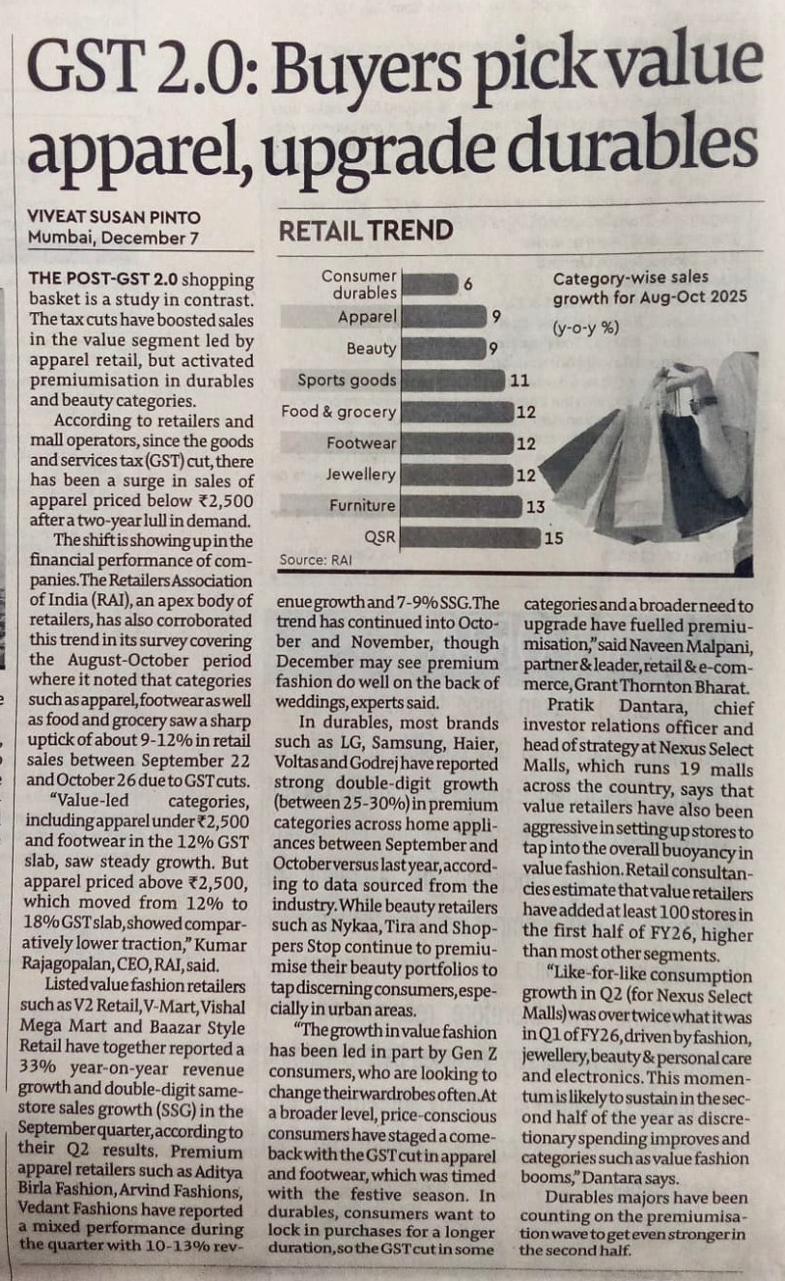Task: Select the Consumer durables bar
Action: [429, 284]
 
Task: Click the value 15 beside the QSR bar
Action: [553, 538]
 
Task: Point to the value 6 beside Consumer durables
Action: [467, 284]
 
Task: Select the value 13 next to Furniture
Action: [535, 506]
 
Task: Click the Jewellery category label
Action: [360, 474]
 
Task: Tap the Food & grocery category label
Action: [338, 412]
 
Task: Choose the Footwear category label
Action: [361, 443]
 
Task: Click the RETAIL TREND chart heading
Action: [366, 230]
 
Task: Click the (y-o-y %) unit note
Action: [586, 327]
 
